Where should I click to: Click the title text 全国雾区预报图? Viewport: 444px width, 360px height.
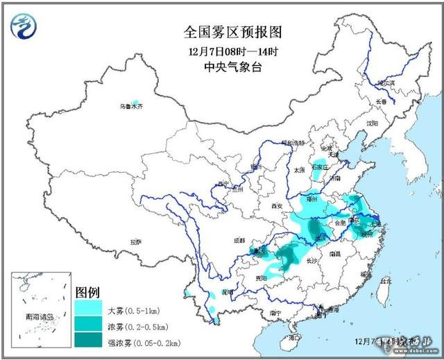[x=221, y=33]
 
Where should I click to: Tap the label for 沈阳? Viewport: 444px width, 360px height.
[x=373, y=123]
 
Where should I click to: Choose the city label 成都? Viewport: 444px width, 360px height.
[x=239, y=240]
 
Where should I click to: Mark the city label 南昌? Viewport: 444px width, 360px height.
[x=335, y=254]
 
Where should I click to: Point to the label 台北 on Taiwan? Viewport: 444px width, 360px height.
[x=386, y=281]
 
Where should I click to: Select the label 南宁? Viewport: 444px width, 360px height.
[x=275, y=313]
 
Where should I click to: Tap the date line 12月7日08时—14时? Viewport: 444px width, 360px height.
[x=221, y=51]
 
